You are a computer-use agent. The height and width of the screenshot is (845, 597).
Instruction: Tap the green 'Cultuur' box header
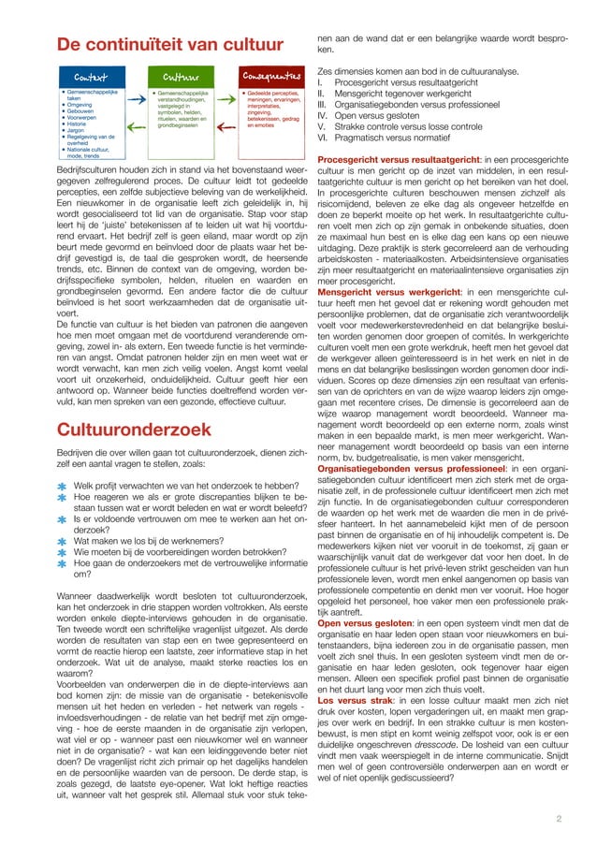[x=180, y=78]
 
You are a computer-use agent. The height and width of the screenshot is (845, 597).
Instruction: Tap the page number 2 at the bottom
[x=559, y=819]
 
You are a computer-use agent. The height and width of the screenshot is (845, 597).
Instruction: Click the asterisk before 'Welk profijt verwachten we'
[x=62, y=487]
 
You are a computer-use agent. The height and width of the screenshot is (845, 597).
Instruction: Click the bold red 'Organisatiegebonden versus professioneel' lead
[x=417, y=468]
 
